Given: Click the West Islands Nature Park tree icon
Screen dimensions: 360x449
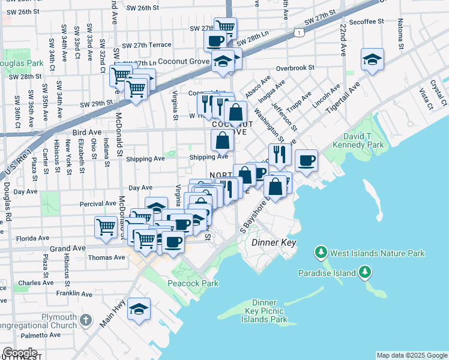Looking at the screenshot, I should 322,251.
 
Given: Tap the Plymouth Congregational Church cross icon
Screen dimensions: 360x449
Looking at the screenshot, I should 86,320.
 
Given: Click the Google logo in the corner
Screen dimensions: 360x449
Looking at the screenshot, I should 19,353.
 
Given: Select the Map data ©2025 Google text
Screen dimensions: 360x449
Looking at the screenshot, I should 411,355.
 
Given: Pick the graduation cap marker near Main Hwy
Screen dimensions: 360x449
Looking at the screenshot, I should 139,310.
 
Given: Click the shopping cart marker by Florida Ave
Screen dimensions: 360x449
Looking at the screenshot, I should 106,227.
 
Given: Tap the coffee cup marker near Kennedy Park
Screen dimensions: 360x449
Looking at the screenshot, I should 306,160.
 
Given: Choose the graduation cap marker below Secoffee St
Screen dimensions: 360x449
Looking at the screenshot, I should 372,59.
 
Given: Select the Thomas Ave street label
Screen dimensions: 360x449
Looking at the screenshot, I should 106,257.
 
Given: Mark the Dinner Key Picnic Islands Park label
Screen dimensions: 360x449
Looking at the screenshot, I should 264,311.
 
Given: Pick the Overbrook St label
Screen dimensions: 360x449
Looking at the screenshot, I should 295,68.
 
